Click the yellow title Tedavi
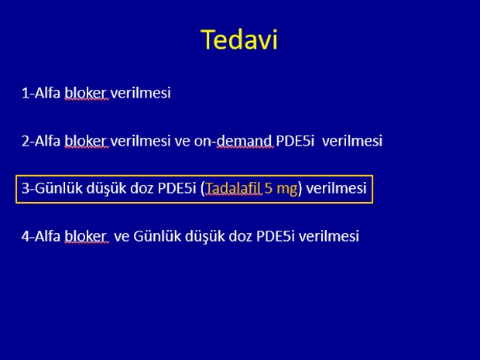pyautogui.click(x=239, y=39)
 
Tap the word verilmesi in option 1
pyautogui.click(x=140, y=92)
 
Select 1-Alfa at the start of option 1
pyautogui.click(x=41, y=92)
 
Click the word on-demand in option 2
pyautogui.click(x=233, y=140)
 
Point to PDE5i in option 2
pyautogui.click(x=295, y=140)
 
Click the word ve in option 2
pyautogui.click(x=183, y=141)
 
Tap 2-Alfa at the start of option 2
pyautogui.click(x=41, y=140)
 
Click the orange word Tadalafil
pyautogui.click(x=233, y=188)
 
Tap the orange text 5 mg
pyautogui.click(x=281, y=189)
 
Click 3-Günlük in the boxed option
pyautogui.click(x=52, y=188)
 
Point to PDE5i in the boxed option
pyautogui.click(x=177, y=188)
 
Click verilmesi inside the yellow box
pyautogui.click(x=336, y=188)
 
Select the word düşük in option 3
pyautogui.click(x=106, y=189)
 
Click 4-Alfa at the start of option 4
pyautogui.click(x=41, y=236)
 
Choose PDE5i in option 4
pyautogui.click(x=276, y=236)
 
